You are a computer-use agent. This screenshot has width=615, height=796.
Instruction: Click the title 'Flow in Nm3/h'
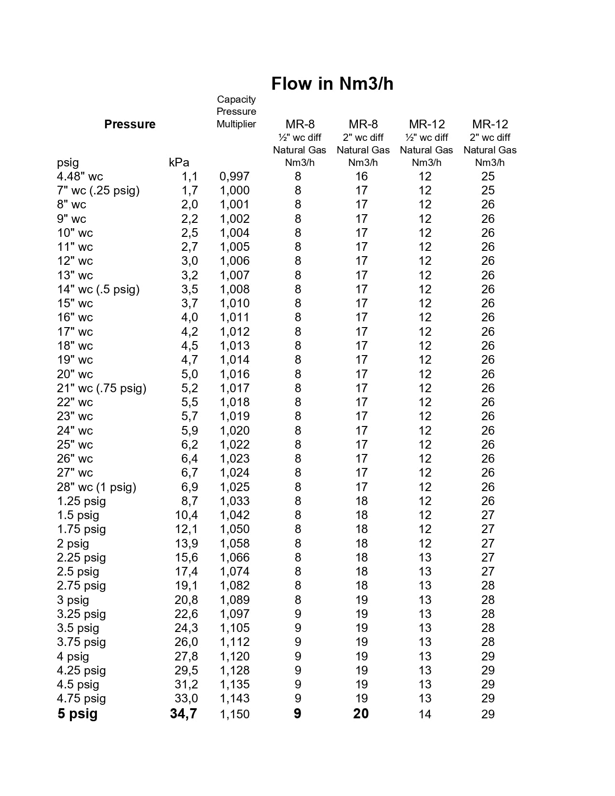[x=332, y=84]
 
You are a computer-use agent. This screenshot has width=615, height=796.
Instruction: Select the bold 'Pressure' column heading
[x=130, y=124]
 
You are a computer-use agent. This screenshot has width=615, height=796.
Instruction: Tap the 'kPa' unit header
[x=179, y=163]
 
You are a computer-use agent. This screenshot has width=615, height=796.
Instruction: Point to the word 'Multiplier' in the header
[x=236, y=124]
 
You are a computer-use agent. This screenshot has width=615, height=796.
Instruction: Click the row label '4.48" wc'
[x=80, y=177]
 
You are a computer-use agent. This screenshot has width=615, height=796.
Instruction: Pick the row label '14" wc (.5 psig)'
[x=98, y=289]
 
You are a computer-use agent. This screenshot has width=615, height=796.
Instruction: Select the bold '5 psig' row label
[x=78, y=714]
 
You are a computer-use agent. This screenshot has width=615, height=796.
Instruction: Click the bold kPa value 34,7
[x=183, y=714]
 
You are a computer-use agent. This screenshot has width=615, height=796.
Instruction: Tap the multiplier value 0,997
[x=234, y=177]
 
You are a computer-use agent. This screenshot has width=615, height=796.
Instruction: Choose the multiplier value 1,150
[x=234, y=714]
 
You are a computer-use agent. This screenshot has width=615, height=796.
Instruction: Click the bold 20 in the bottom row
[x=361, y=714]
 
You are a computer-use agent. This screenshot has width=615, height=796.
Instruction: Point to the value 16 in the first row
[x=361, y=177]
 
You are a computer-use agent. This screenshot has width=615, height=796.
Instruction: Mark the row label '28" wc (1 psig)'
[x=96, y=487]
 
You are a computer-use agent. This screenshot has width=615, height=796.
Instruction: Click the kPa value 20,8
[x=186, y=600]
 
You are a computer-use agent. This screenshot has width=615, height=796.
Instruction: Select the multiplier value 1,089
[x=234, y=600]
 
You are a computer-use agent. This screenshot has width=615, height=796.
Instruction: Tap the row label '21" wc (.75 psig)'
[x=102, y=388]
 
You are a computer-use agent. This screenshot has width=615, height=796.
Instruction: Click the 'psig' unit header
[x=68, y=163]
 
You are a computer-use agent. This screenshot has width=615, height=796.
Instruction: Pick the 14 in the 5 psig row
[x=425, y=714]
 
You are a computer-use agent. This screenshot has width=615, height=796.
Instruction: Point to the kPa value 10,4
[x=186, y=515]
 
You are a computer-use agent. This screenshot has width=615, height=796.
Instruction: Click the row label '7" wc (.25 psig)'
[x=98, y=191]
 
